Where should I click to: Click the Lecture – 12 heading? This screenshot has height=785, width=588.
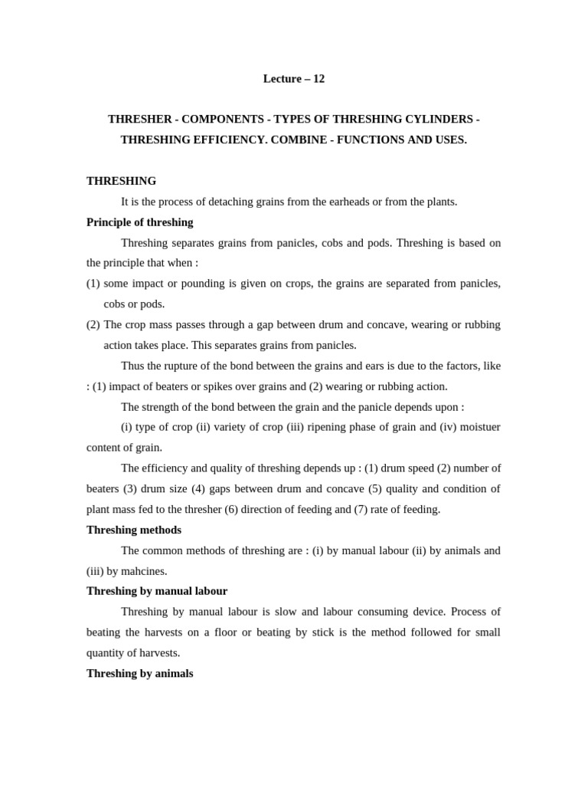[294, 79]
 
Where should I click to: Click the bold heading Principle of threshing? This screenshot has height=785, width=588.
[140, 222]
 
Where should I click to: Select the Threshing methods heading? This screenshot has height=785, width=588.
[134, 530]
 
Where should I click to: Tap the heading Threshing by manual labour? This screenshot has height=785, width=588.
[157, 591]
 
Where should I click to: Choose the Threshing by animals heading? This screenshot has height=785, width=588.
[140, 673]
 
